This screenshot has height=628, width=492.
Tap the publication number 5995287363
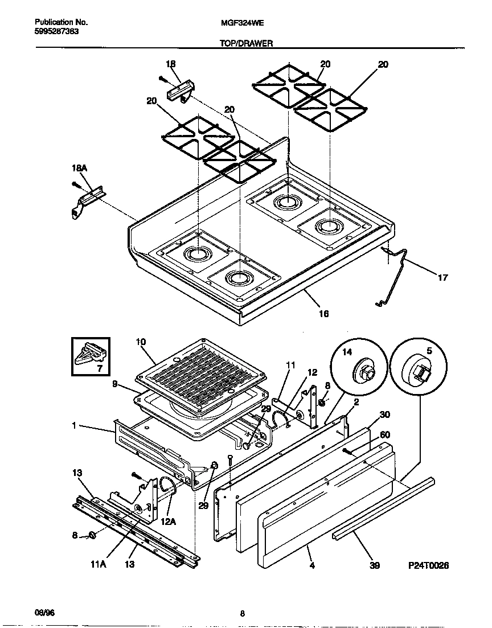52,31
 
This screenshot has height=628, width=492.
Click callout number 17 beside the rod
442,278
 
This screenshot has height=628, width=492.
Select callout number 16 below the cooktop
323,313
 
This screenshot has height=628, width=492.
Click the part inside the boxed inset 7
91,354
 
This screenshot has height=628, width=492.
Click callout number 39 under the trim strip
374,566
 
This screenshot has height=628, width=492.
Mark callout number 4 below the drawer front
312,566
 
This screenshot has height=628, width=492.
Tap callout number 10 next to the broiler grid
141,342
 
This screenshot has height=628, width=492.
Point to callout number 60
384,435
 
